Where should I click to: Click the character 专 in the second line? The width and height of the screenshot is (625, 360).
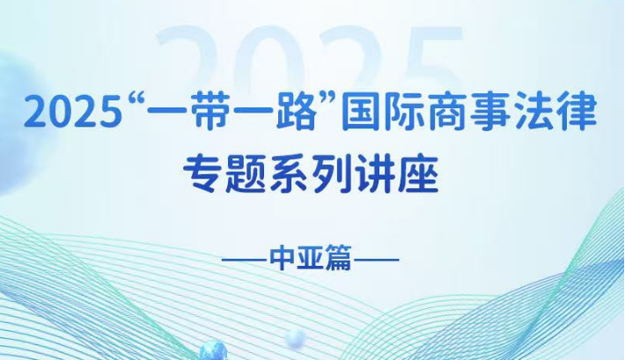(202, 174)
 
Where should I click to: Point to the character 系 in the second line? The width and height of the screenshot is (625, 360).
(289, 174)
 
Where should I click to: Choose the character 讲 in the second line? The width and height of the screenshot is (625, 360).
(375, 174)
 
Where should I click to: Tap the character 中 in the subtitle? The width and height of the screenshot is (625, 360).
(283, 259)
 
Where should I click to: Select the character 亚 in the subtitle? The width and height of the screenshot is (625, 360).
(311, 259)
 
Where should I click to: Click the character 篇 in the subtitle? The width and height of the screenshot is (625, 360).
(338, 259)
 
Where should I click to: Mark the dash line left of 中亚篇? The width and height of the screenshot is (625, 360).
(245, 260)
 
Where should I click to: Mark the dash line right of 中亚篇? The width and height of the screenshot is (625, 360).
(377, 260)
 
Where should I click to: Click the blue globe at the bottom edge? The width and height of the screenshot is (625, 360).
(213, 351)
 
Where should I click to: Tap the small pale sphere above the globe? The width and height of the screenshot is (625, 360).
(296, 339)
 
